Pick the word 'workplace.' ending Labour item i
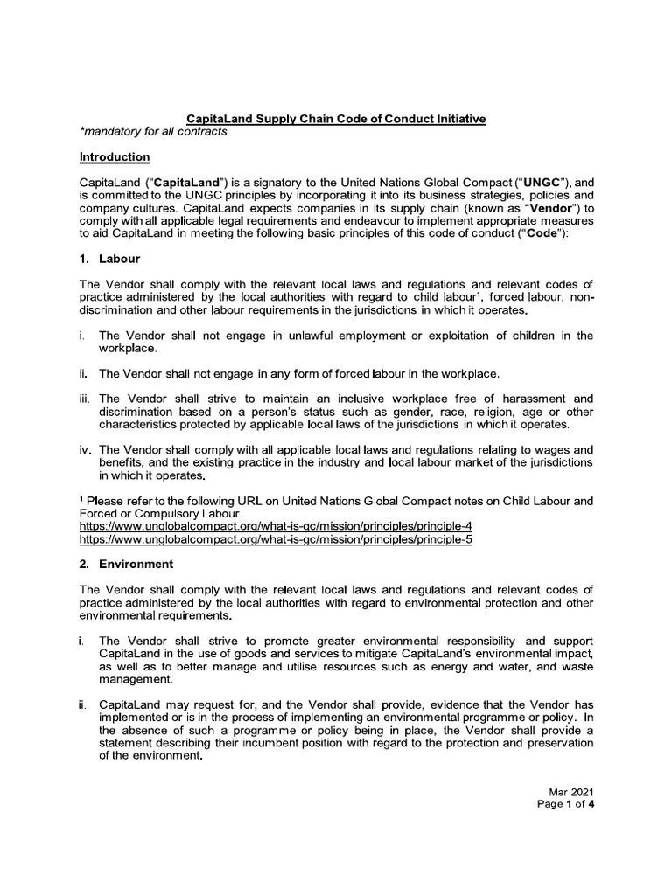coord(129,349)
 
